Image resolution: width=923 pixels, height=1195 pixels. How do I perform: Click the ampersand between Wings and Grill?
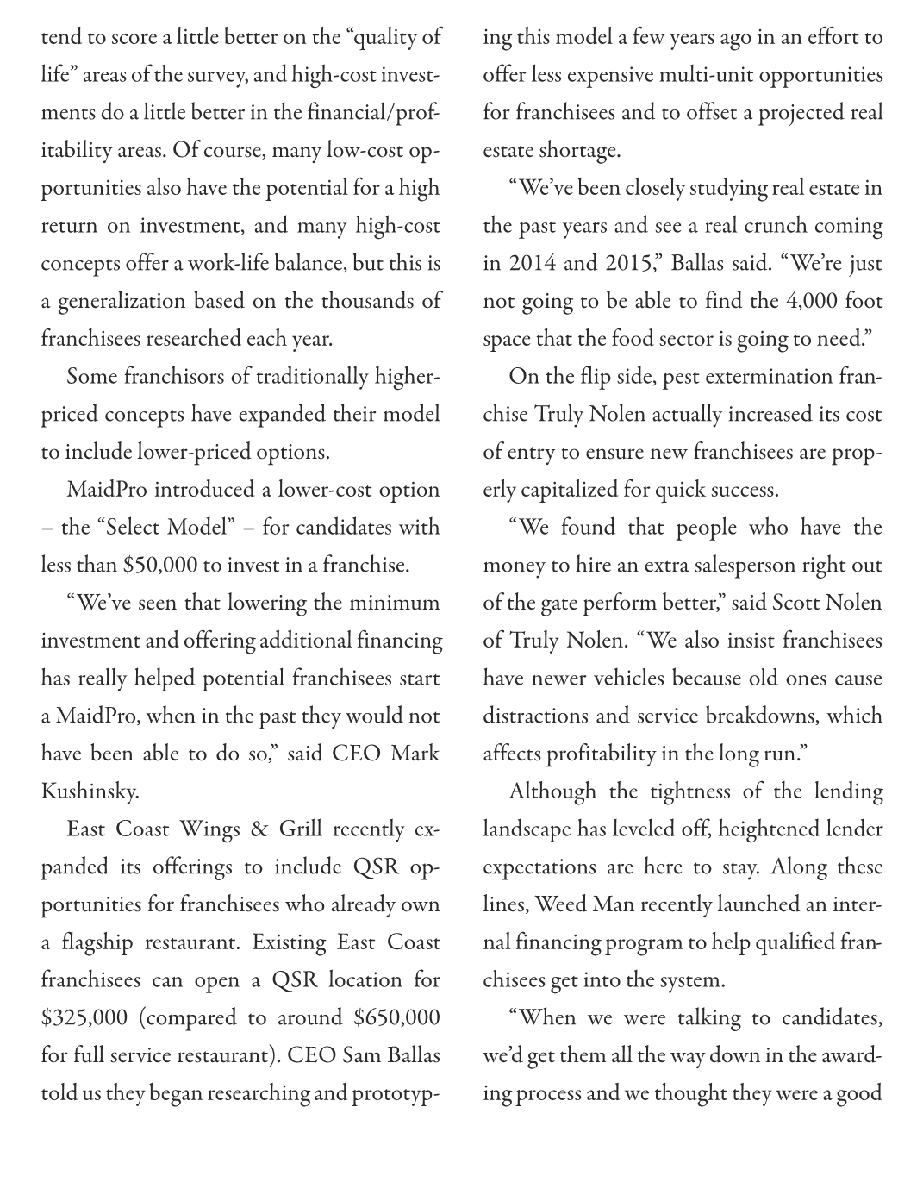257,829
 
